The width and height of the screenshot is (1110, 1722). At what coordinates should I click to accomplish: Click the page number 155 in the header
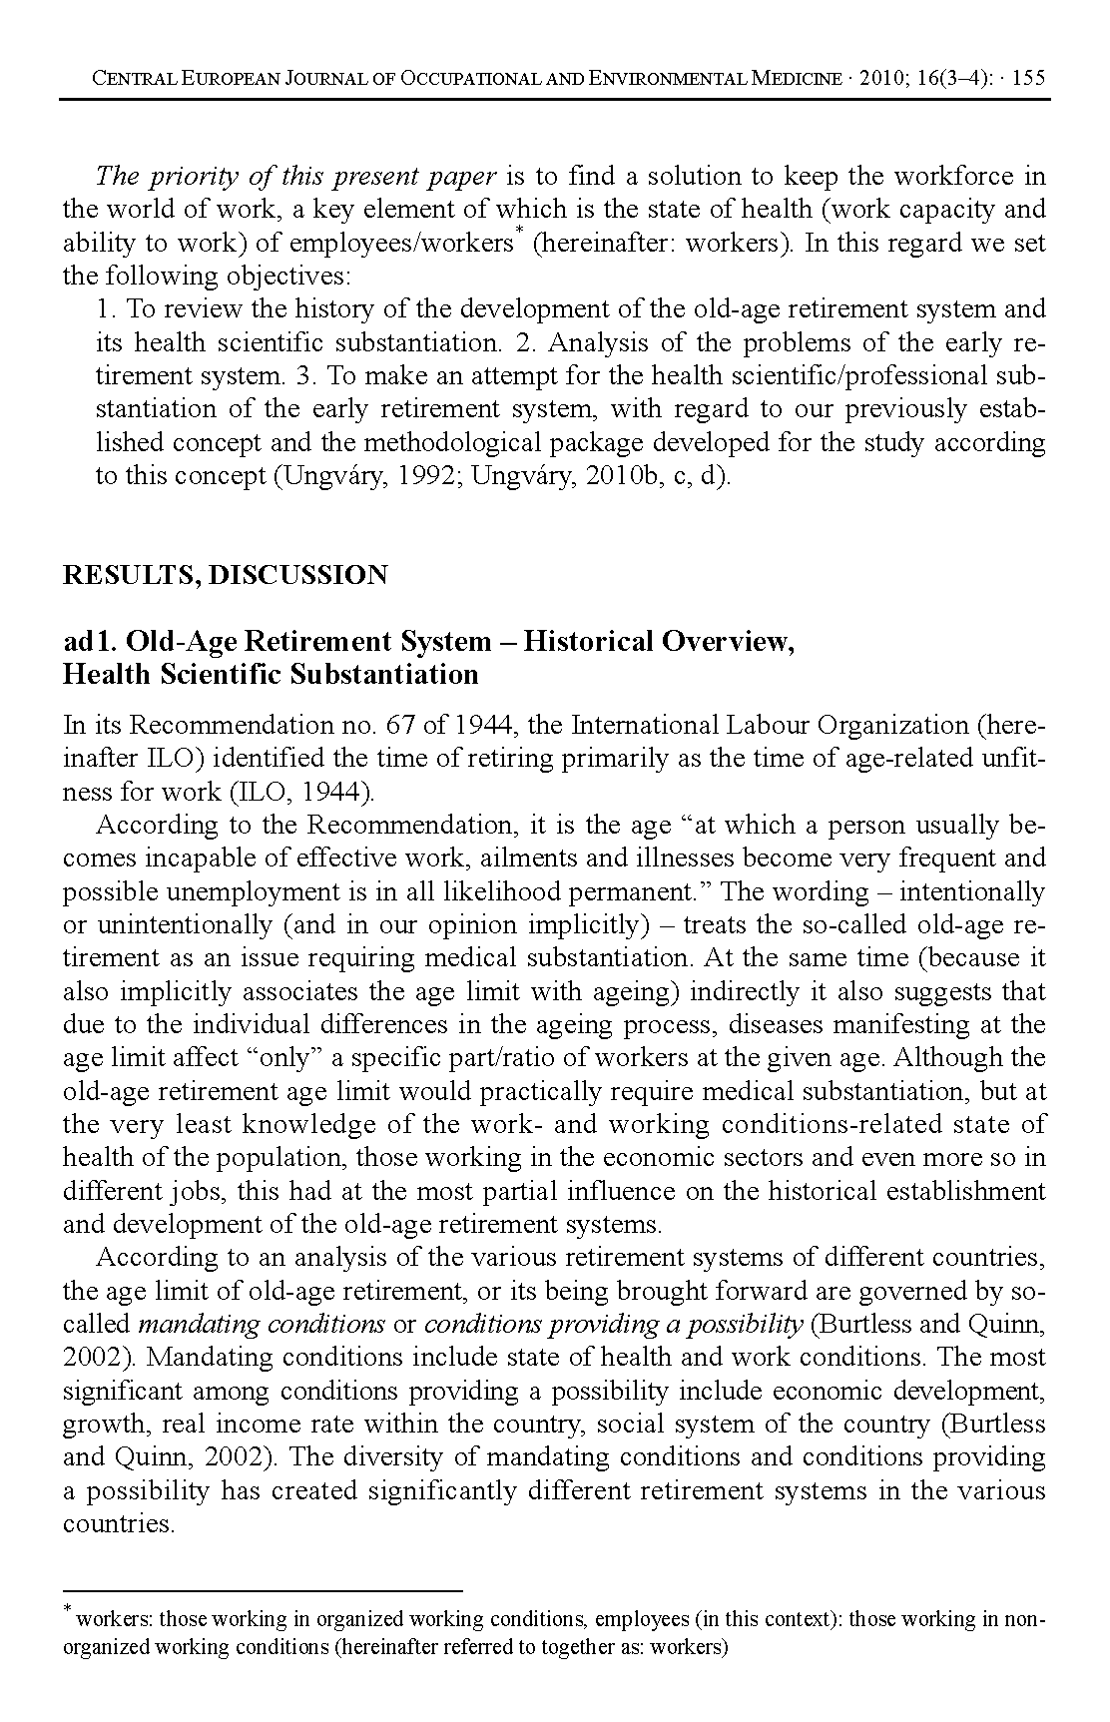1028,79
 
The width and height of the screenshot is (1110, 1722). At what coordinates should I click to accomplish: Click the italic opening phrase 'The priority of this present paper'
295,177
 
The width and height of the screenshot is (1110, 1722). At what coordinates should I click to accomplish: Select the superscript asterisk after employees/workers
519,237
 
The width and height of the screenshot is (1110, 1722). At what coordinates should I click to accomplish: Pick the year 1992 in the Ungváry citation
427,475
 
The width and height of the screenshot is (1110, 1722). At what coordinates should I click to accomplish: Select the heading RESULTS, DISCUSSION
225,575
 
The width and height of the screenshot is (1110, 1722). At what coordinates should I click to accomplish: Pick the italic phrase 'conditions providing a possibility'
614,1325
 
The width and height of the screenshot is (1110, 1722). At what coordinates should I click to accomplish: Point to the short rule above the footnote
263,1590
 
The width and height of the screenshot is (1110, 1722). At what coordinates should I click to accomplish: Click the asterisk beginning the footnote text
68,1609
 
